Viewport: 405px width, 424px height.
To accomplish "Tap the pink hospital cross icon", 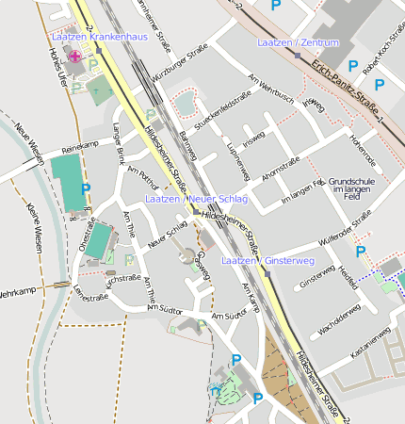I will tap(75, 56).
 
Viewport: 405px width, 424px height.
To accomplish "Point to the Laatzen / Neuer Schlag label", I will tap(196, 200).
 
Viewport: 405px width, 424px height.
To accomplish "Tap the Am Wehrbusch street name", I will tap(271, 88).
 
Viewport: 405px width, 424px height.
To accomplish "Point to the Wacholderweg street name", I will tap(339, 318).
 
